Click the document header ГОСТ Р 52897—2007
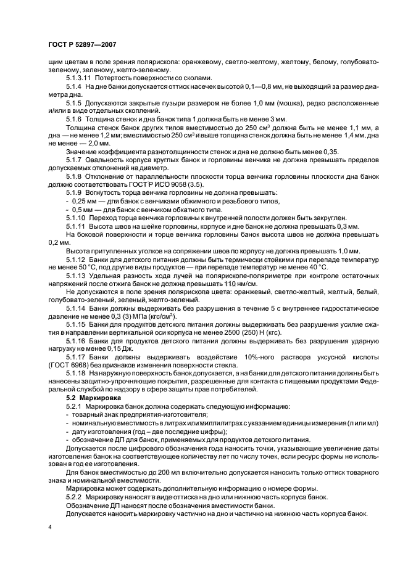coord(82,44)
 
